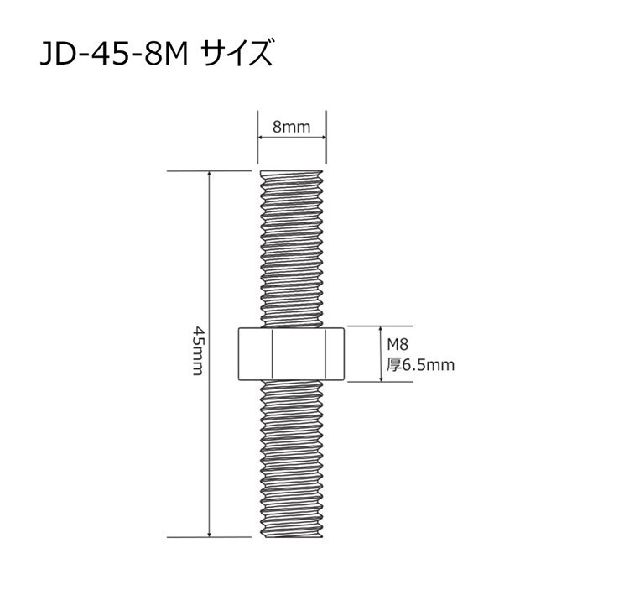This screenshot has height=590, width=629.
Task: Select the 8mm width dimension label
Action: coord(292,127)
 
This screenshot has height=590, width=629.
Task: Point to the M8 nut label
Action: coord(398,344)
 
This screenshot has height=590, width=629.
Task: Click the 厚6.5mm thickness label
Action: coord(420,365)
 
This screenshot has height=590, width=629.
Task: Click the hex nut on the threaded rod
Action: coord(291,353)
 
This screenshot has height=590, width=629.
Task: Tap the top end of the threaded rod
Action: coord(292,171)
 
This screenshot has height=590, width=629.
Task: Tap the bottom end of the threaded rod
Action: coord(292,536)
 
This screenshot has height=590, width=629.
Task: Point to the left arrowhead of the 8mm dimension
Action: coord(260,138)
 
